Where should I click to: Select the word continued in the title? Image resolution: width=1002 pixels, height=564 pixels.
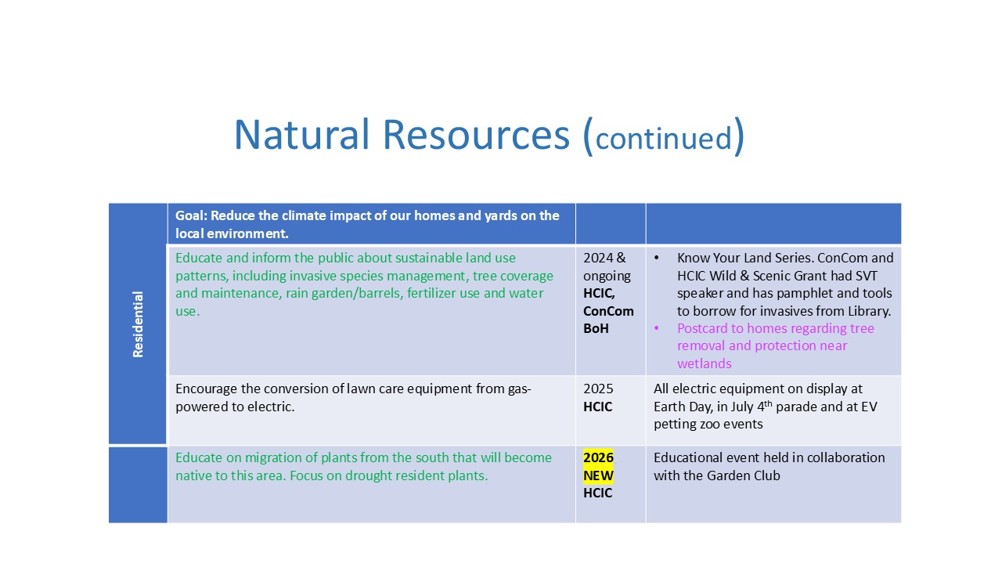[663, 138]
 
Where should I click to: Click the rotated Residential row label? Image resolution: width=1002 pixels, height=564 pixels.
[138, 324]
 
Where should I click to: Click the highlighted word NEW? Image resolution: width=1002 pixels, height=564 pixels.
[598, 475]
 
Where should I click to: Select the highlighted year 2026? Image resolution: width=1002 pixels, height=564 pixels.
[598, 457]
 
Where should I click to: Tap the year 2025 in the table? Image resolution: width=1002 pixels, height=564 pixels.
[598, 389]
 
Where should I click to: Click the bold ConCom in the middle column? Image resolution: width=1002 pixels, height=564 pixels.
[608, 311]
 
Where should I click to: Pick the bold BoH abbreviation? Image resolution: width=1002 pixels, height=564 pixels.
[596, 328]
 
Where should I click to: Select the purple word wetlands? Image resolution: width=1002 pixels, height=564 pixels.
[704, 363]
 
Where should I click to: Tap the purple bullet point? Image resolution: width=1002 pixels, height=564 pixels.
[656, 328]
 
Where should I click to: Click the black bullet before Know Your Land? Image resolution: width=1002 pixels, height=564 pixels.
[656, 258]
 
